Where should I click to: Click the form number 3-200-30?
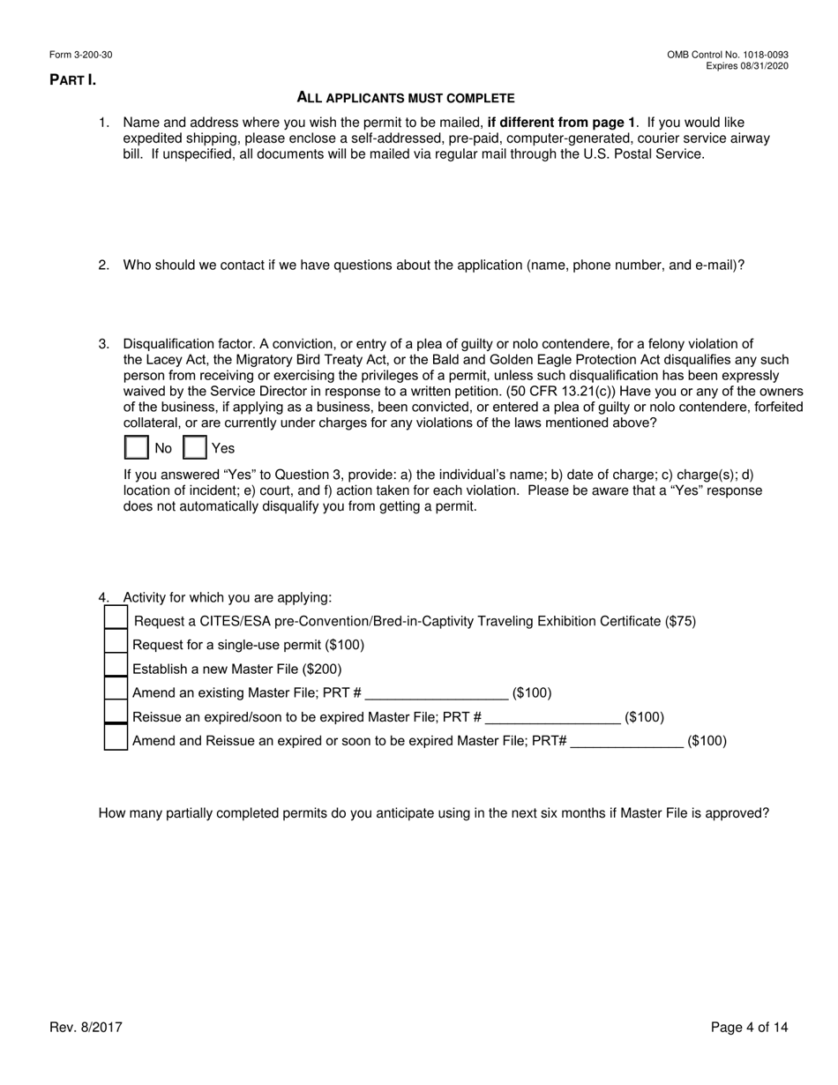click(x=93, y=56)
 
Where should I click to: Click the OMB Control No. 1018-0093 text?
click(x=728, y=56)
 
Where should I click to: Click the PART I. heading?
click(x=72, y=80)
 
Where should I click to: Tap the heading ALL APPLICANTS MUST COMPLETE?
click(x=406, y=98)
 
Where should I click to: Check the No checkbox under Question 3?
click(x=137, y=448)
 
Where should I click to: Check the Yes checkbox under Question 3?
click(x=195, y=448)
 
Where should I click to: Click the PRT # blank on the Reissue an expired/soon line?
click(x=552, y=717)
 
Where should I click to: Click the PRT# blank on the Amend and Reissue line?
click(x=626, y=741)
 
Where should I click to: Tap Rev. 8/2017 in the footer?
click(x=86, y=1027)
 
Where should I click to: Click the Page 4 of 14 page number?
click(x=749, y=1027)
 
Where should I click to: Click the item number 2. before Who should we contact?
click(x=103, y=265)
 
